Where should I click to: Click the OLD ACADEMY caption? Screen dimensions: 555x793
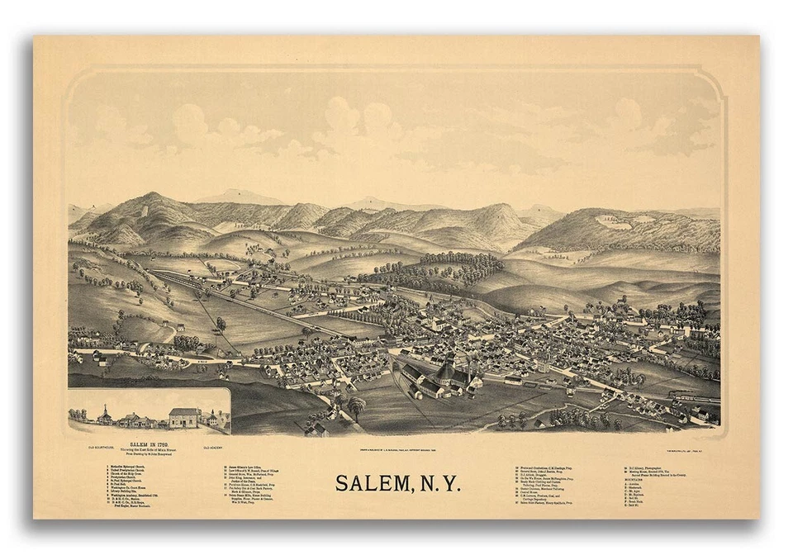pos(216,447)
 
